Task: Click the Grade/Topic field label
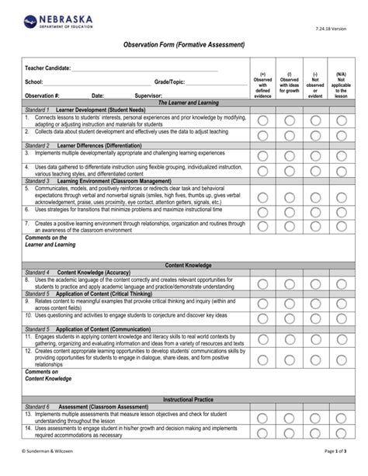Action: click(169, 82)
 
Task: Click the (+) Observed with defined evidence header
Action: click(262, 83)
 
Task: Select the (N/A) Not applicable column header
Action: click(340, 83)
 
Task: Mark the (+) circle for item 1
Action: click(262, 120)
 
